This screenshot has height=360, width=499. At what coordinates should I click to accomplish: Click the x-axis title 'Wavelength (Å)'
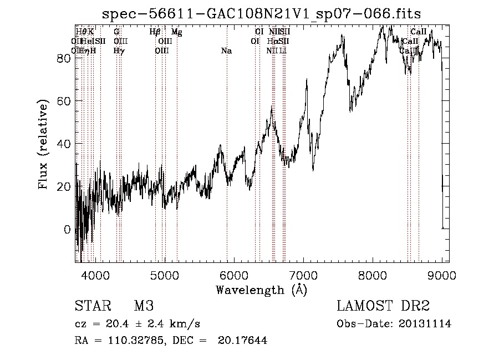261,290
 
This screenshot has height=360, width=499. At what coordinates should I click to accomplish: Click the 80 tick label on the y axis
65,58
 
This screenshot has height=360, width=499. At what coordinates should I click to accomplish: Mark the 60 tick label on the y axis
65,101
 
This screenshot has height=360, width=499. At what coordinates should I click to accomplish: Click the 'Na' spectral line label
226,51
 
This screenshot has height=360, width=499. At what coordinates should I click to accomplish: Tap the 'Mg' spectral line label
176,32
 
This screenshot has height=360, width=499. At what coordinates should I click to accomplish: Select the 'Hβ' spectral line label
155,32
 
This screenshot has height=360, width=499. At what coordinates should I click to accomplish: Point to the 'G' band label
116,32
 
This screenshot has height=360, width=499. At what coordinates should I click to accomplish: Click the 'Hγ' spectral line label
119,51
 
